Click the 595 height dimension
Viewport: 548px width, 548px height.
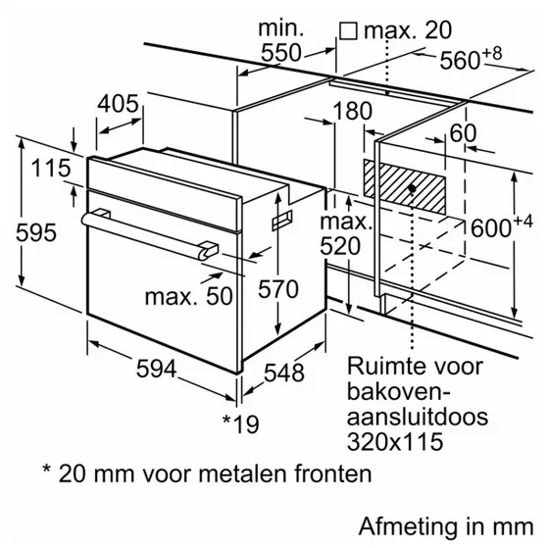pyautogui.click(x=36, y=232)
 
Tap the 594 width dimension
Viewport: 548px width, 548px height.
pyautogui.click(x=156, y=369)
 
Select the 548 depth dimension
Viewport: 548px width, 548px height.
pyautogui.click(x=283, y=373)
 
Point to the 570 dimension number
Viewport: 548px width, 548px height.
pyautogui.click(x=278, y=289)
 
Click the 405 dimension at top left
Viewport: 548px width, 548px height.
pyautogui.click(x=118, y=104)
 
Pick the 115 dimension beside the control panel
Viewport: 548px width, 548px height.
pyautogui.click(x=51, y=168)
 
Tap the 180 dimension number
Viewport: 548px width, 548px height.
pyautogui.click(x=352, y=111)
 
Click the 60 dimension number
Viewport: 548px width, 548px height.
pyautogui.click(x=463, y=132)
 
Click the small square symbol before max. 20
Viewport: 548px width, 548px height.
pyautogui.click(x=348, y=31)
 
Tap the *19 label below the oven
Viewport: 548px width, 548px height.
pyautogui.click(x=241, y=423)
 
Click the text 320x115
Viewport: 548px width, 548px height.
pyautogui.click(x=395, y=441)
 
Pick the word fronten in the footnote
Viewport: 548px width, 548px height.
pyautogui.click(x=333, y=473)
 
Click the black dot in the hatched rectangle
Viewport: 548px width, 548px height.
pyautogui.click(x=412, y=188)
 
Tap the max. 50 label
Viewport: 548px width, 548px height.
pyautogui.click(x=189, y=297)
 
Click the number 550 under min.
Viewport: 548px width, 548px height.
pyautogui.click(x=280, y=53)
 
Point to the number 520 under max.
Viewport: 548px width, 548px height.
pyautogui.click(x=340, y=246)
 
